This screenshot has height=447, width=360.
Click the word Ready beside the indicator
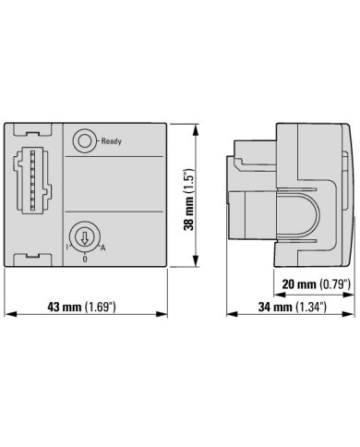pyautogui.click(x=112, y=141)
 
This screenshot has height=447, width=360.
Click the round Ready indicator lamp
pyautogui.click(x=84, y=141)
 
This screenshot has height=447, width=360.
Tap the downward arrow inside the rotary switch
pyautogui.click(x=84, y=236)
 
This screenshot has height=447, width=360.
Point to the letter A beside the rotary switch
pyautogui.click(x=102, y=248)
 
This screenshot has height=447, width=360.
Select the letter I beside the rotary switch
pyautogui.click(x=67, y=247)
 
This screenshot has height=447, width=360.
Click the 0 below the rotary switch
pyautogui.click(x=85, y=259)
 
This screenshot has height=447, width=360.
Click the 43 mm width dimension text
pyautogui.click(x=65, y=307)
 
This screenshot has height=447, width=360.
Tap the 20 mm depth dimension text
pyautogui.click(x=299, y=284)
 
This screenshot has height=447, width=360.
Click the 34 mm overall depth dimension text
pyautogui.click(x=275, y=307)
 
